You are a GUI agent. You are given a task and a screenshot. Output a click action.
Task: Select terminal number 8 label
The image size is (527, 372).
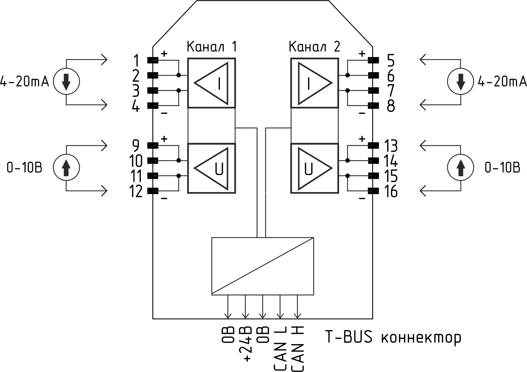pyautogui.click(x=391, y=106)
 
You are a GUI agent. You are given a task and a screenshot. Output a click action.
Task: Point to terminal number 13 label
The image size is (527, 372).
pyautogui.click(x=391, y=146)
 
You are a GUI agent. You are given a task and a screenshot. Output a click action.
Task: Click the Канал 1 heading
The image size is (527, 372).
pyautogui.click(x=212, y=47)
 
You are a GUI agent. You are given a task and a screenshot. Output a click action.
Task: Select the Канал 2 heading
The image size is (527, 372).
pyautogui.click(x=314, y=47)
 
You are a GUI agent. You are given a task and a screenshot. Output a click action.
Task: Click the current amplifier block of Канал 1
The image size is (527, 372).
pyautogui.click(x=212, y=83)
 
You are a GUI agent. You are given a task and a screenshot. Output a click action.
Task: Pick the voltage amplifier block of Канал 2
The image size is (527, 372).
pyautogui.click(x=314, y=168)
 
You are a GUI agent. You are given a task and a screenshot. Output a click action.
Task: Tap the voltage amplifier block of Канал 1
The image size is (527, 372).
pyautogui.click(x=212, y=168)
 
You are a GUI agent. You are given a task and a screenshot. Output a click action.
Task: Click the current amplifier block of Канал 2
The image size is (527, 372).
pyautogui.click(x=314, y=83)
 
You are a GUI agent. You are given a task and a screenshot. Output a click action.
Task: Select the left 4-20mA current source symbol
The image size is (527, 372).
pyautogui.click(x=66, y=82)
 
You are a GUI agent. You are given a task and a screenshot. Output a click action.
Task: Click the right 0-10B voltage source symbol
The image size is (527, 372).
pyautogui.click(x=461, y=168)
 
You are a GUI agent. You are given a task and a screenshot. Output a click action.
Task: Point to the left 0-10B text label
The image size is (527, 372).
pyautogui.click(x=24, y=168)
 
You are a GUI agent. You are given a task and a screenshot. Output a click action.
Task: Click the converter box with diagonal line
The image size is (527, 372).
pyautogui.click(x=263, y=266)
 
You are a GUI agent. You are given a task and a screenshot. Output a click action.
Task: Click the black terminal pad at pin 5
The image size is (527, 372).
pyautogui.click(x=373, y=60)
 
